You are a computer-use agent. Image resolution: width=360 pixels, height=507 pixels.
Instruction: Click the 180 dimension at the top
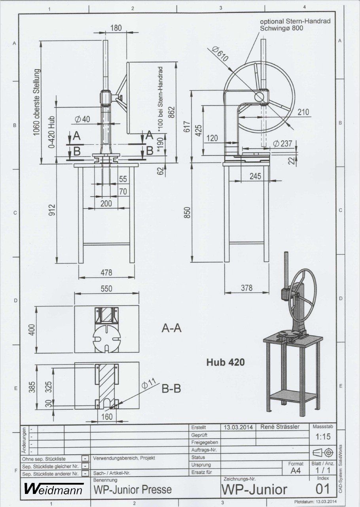coord(116,28)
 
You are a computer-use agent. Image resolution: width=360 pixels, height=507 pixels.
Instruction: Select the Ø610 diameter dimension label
coord(220,54)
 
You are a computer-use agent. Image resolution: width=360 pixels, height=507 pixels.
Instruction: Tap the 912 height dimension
coord(52,210)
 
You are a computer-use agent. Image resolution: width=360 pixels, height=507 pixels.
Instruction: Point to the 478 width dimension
coord(106,272)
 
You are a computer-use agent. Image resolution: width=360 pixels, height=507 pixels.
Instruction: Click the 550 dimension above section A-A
coord(106,289)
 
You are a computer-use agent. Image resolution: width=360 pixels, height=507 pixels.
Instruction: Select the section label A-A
coord(171,328)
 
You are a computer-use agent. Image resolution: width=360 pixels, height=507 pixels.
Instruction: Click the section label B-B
coord(171,389)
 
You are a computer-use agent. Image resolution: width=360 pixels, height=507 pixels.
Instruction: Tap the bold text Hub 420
coord(225,362)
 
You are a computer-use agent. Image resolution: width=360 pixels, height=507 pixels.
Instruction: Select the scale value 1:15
coord(323,436)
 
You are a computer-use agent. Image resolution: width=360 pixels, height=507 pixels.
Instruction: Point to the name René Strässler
coord(280,427)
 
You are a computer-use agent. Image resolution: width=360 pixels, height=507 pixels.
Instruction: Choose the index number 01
coord(323,488)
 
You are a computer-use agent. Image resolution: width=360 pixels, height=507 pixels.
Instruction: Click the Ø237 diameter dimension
coord(282,143)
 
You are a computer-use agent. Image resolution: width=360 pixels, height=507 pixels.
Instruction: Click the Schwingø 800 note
coord(281,28)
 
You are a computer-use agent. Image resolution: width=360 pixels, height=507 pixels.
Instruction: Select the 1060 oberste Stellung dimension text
coord(36,102)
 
